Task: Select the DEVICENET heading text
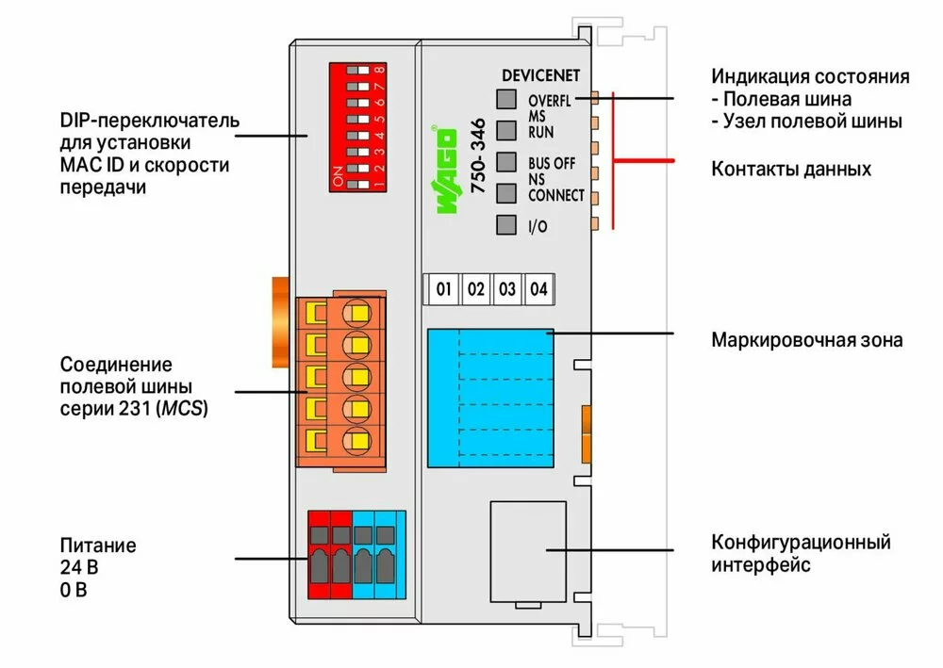(x=541, y=74)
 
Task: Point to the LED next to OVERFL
(x=506, y=99)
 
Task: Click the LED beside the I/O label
(x=506, y=225)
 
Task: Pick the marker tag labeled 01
(x=443, y=289)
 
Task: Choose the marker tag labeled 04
(x=538, y=289)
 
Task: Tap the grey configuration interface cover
(x=527, y=550)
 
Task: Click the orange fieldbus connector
(x=341, y=378)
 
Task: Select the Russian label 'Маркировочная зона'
(x=806, y=339)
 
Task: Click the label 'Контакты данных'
(x=791, y=170)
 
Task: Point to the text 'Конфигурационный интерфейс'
(x=801, y=554)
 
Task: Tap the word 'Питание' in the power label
(x=98, y=546)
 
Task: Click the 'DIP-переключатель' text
(x=149, y=122)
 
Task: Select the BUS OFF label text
(x=552, y=163)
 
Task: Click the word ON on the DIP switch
(x=338, y=177)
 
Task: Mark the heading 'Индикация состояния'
(x=810, y=76)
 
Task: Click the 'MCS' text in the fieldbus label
(x=185, y=410)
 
